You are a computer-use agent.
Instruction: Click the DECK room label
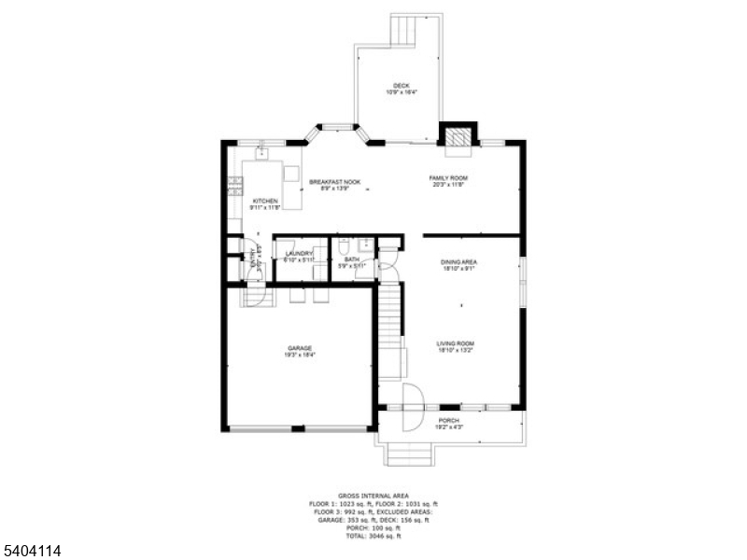(x=401, y=86)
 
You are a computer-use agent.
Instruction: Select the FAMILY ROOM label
(x=448, y=178)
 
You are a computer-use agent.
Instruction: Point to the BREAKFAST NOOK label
(x=335, y=183)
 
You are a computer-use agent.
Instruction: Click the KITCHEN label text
(x=265, y=201)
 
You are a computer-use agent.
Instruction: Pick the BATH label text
(x=351, y=260)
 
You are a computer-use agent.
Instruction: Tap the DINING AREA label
(x=459, y=262)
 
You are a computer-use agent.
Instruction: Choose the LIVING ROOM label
(x=456, y=343)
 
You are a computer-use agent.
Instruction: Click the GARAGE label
(x=299, y=349)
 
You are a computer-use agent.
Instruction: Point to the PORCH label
(x=449, y=421)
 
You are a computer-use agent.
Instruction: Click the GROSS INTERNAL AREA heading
(x=373, y=496)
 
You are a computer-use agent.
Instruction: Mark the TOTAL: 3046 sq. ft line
(x=373, y=537)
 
